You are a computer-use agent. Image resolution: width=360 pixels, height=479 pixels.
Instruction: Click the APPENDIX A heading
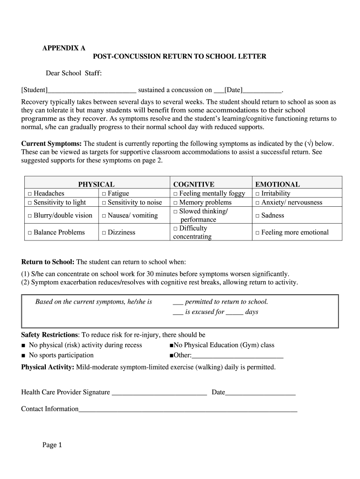click(x=64, y=48)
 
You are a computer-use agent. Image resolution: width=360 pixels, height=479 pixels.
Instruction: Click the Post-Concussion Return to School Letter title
click(x=180, y=57)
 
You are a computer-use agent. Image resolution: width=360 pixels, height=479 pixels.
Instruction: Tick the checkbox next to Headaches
click(x=29, y=194)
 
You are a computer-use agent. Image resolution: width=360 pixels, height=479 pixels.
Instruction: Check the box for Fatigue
click(x=104, y=194)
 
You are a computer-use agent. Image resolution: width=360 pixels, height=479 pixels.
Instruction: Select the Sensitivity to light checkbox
click(x=29, y=203)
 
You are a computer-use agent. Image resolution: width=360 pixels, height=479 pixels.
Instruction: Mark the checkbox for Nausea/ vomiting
click(x=104, y=216)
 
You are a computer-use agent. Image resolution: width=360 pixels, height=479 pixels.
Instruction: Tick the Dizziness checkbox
click(x=104, y=232)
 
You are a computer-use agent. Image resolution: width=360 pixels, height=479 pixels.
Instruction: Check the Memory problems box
click(x=175, y=203)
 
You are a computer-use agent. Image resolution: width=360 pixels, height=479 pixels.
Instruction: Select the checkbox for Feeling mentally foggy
click(x=175, y=194)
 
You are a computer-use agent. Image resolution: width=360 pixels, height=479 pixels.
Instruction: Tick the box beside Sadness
click(x=257, y=216)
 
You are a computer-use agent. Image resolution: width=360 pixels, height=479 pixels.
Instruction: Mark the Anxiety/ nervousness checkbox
click(x=257, y=203)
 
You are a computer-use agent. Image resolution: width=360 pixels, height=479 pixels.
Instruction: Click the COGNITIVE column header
click(x=194, y=185)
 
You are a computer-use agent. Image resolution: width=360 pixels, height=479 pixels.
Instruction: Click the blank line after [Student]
click(x=92, y=90)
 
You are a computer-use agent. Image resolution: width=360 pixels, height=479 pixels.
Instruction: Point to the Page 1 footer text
click(x=52, y=445)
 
